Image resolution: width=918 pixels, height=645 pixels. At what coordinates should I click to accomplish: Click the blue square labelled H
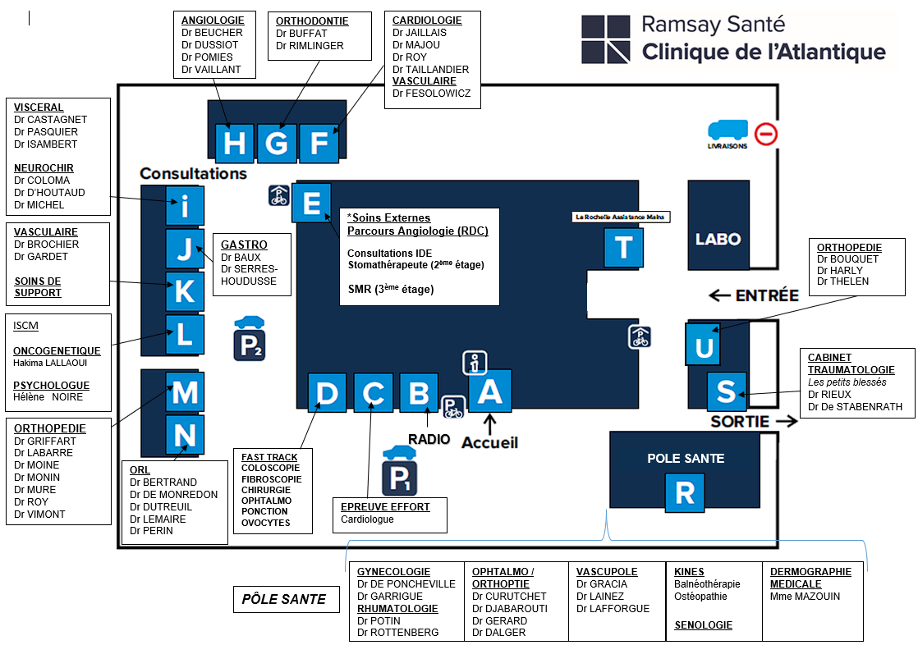tap(234, 143)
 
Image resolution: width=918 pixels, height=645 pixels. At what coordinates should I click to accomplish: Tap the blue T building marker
tap(623, 247)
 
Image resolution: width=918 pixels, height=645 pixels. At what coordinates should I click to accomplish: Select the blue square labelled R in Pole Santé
tap(685, 493)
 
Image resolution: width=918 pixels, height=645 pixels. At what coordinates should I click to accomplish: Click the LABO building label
tap(718, 239)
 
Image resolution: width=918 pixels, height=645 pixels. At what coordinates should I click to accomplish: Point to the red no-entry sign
tap(766, 134)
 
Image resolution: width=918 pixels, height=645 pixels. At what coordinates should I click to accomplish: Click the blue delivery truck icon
tap(728, 130)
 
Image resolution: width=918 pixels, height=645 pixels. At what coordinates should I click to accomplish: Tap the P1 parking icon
tap(399, 470)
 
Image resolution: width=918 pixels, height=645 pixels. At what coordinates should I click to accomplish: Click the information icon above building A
tap(475, 363)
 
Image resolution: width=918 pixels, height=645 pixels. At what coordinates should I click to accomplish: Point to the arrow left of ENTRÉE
tap(719, 295)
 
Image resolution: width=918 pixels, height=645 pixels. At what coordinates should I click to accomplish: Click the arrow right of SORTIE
tap(787, 421)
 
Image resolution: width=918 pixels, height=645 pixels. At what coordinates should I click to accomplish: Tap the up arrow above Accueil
tap(490, 423)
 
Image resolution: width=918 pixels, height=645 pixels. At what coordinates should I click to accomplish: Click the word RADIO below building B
tap(429, 439)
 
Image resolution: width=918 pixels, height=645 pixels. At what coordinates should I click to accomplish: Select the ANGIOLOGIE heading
tap(213, 21)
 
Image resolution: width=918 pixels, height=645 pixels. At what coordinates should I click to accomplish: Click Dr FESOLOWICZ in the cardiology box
tap(431, 93)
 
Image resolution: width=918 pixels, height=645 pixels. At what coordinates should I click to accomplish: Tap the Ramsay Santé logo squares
tap(605, 39)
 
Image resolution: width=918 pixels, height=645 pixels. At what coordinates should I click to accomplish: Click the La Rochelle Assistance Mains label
tap(620, 217)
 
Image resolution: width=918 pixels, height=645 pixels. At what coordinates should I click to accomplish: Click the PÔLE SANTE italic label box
tap(287, 599)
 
